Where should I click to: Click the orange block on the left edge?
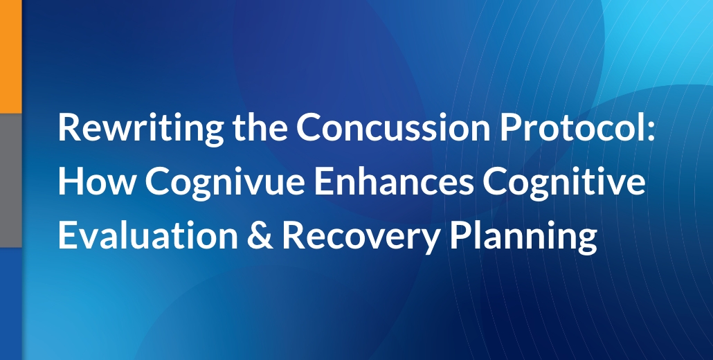(10, 55)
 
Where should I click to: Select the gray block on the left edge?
(10, 179)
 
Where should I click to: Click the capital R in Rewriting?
(69, 129)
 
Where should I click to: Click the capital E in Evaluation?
(67, 235)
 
